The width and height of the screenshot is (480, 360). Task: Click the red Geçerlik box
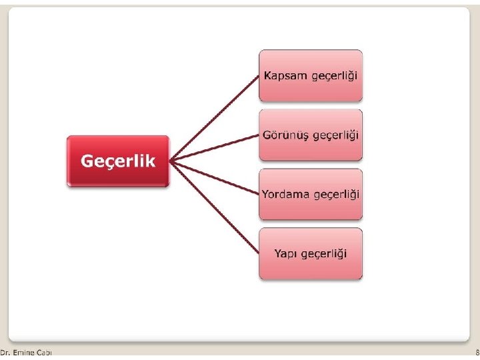point(118,161)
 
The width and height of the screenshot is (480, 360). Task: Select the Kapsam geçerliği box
point(311,75)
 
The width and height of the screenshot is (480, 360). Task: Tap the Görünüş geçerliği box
point(311,135)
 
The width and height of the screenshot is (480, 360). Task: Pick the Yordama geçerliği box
point(311,194)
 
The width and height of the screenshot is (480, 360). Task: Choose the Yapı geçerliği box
point(311,253)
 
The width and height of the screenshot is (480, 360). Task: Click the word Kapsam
point(285,75)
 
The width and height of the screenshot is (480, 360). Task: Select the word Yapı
point(285,253)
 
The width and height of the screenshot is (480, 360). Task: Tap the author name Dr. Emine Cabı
point(26,352)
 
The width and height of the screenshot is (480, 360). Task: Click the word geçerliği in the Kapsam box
point(334,76)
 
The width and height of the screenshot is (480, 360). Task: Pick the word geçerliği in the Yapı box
point(323,254)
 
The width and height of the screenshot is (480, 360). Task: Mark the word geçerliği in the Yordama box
point(336,195)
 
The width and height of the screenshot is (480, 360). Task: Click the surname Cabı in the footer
point(44,352)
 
